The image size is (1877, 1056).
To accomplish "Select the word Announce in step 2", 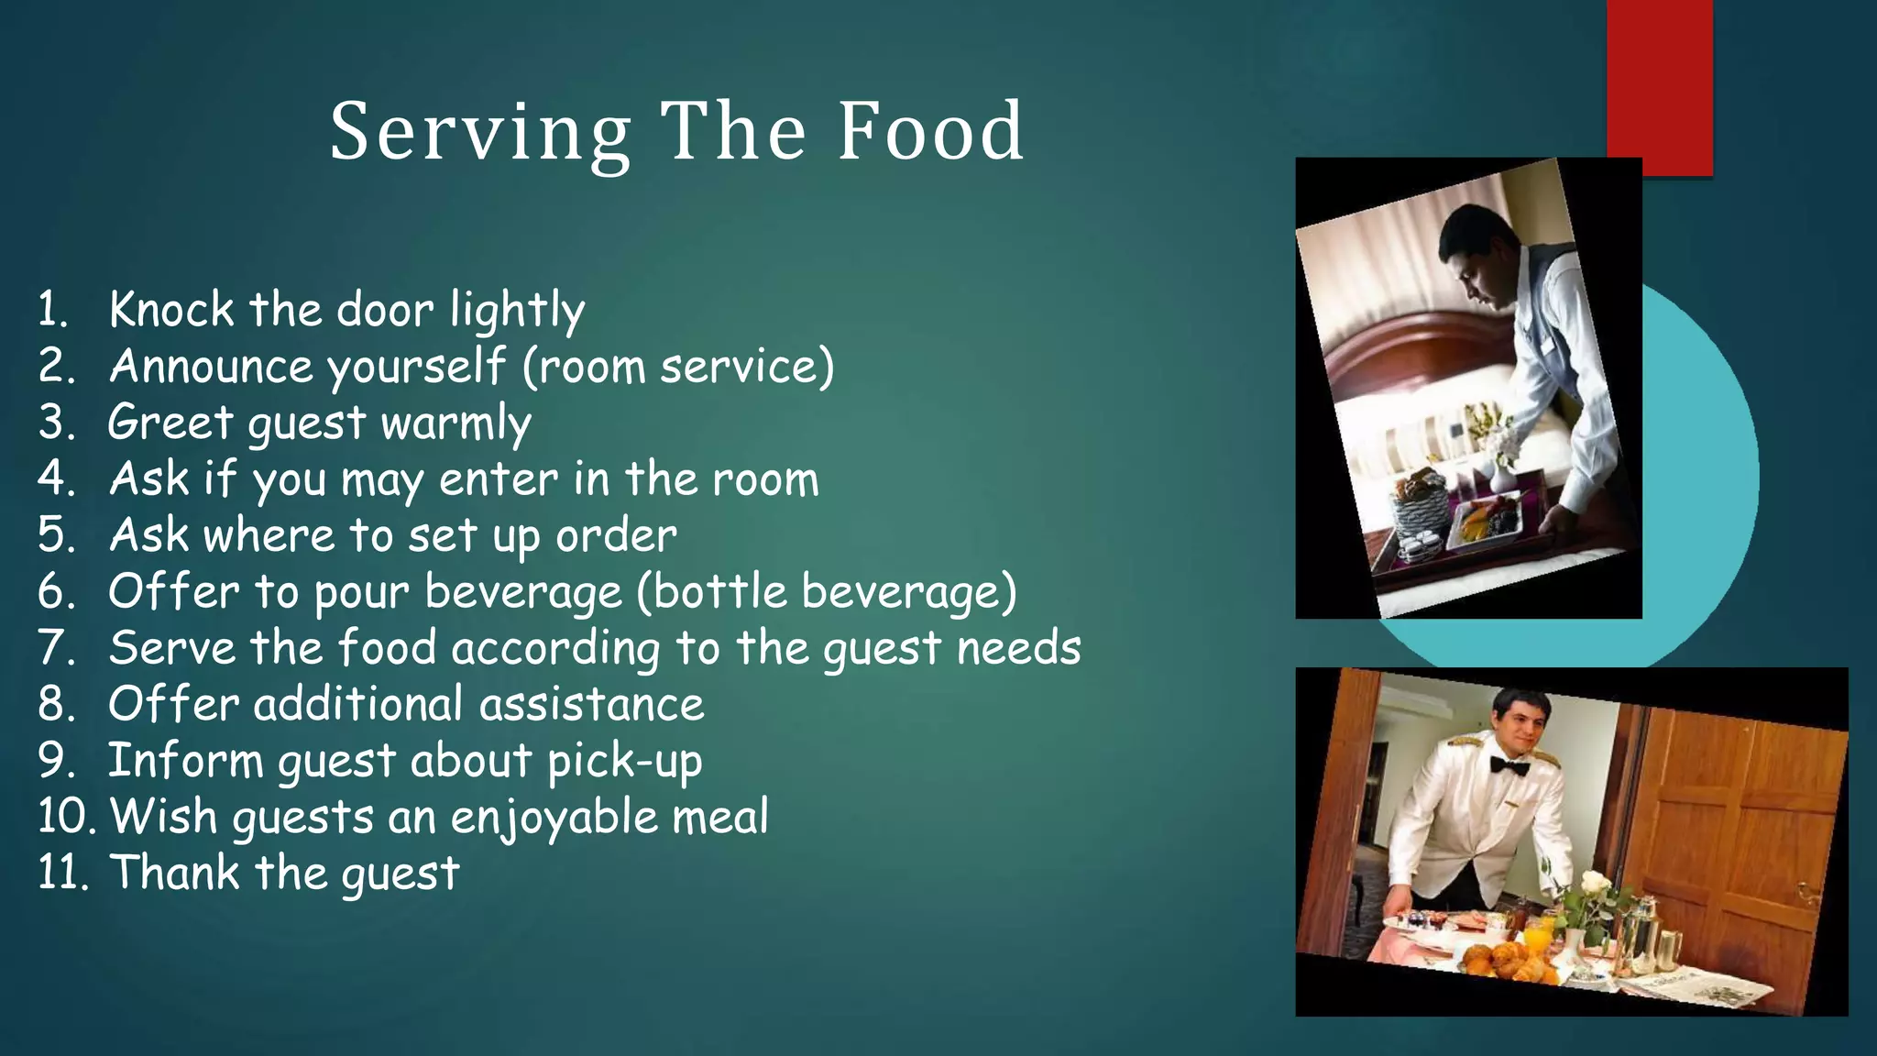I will point(212,367).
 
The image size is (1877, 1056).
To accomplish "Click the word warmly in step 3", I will point(456,423).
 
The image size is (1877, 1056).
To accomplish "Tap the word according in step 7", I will point(555,649).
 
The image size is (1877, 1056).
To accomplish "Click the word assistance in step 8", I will point(591,705).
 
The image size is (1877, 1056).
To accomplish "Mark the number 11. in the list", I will point(62,873).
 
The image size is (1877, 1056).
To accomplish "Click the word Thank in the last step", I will point(174,873).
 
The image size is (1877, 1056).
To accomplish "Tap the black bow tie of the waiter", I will point(1509,764).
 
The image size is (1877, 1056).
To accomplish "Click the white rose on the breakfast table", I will point(1595,884).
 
